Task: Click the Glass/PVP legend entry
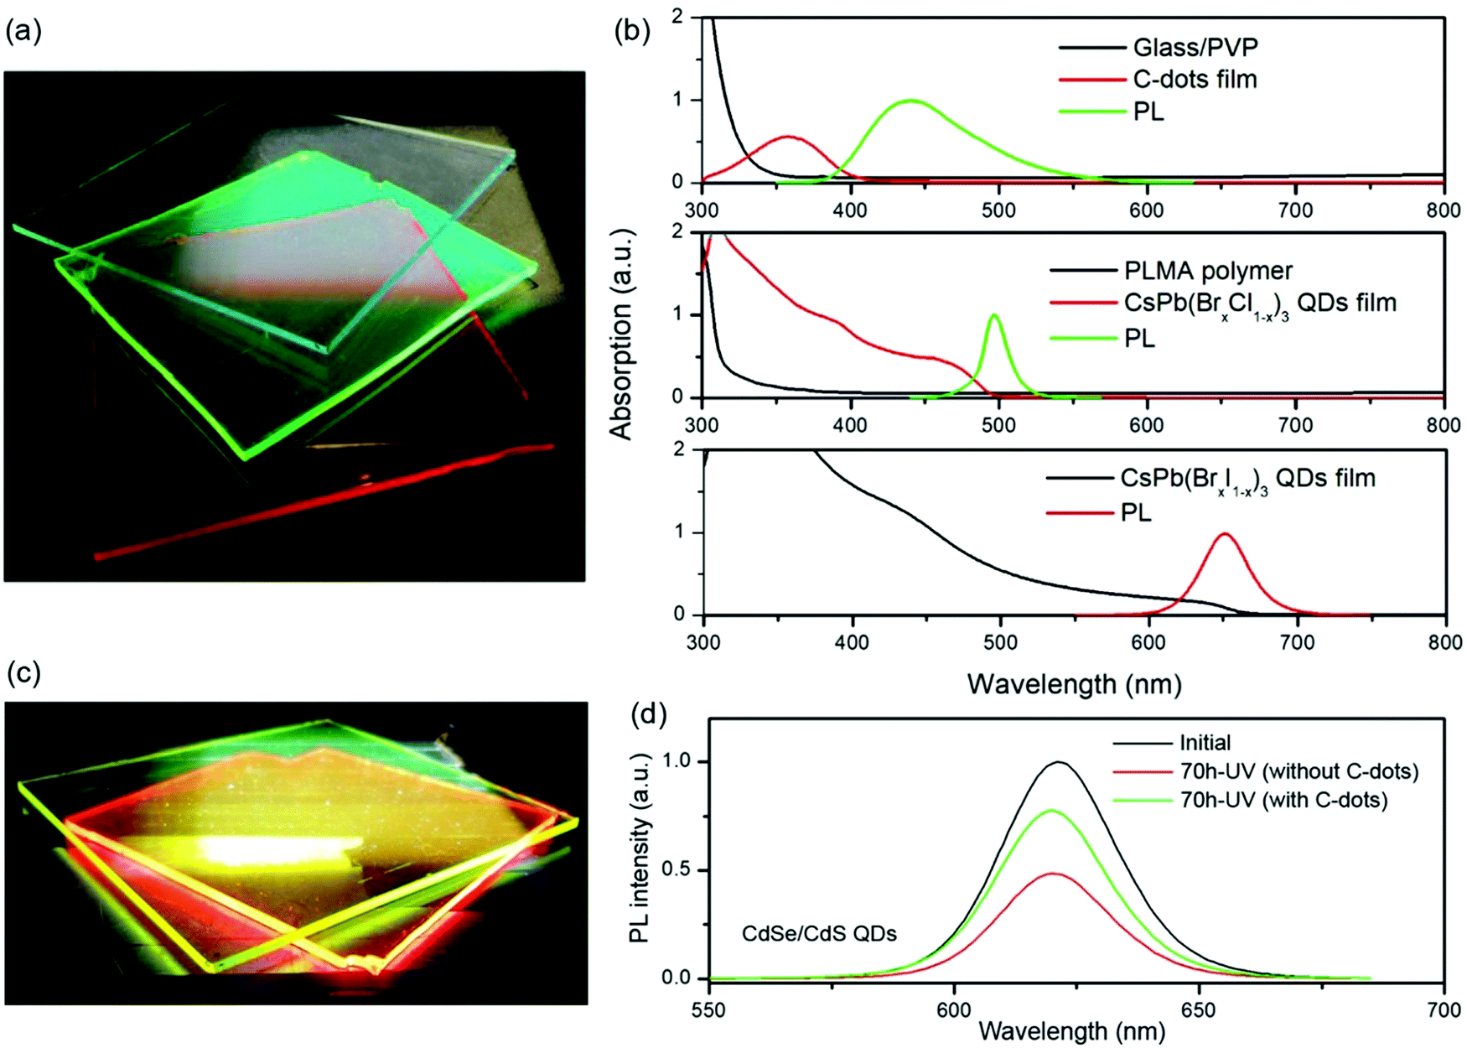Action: coord(1195,48)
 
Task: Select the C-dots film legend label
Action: coord(1195,80)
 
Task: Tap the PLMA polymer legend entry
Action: coord(1207,271)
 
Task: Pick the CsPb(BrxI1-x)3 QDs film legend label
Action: coord(1247,479)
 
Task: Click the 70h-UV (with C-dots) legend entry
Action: coord(1283,800)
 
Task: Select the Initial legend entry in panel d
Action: coord(1205,743)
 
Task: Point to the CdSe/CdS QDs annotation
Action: coord(819,933)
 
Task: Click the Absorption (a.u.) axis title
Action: coord(621,334)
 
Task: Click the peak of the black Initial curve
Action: coord(1060,762)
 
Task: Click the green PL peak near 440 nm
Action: coord(910,101)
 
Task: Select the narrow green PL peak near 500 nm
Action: coord(995,315)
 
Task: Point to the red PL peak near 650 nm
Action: coord(1226,534)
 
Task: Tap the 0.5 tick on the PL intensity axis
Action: coord(675,869)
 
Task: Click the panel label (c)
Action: coord(23,672)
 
